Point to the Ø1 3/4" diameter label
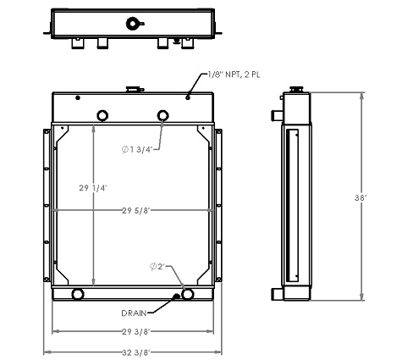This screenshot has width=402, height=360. click(138, 150)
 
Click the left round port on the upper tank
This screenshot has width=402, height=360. click(102, 115)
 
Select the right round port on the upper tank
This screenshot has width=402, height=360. click(164, 115)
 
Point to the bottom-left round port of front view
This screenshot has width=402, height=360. click(78, 294)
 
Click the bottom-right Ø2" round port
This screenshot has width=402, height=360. click(188, 294)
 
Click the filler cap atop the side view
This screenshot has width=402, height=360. click(297, 88)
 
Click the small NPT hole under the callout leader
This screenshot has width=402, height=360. click(188, 99)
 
